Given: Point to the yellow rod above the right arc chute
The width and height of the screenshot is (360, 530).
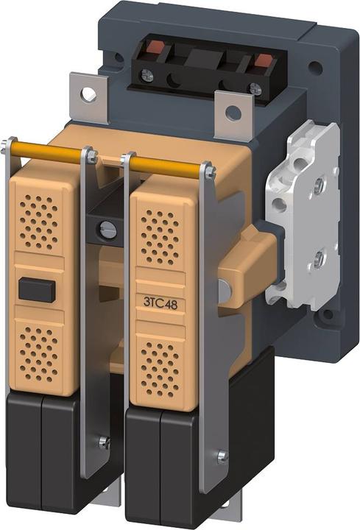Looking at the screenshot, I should pyautogui.click(x=168, y=166).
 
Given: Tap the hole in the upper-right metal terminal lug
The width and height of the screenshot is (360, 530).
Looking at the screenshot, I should pyautogui.click(x=233, y=113).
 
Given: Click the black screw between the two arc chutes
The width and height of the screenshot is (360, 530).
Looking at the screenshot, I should pyautogui.click(x=107, y=230).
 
